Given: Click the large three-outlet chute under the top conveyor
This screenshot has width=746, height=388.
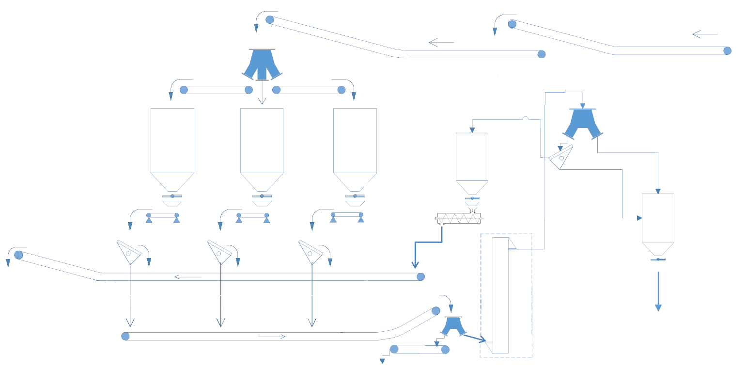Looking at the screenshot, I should click(x=262, y=65).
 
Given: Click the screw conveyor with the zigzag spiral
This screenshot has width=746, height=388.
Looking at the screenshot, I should click(x=459, y=219).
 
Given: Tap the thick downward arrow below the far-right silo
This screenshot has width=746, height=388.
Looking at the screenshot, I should click(x=658, y=291).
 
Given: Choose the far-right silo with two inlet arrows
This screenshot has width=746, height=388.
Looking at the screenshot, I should click(x=658, y=218).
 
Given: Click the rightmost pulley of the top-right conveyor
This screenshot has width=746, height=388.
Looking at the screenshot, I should click(x=727, y=51).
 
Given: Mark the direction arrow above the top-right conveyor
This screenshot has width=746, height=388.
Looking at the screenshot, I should click(x=705, y=34).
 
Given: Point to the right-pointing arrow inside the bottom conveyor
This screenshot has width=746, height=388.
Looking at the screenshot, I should click(x=272, y=337).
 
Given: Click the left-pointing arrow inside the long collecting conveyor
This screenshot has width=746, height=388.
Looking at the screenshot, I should click(x=187, y=277).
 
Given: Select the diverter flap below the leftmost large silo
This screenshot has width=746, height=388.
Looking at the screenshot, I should click(x=129, y=252).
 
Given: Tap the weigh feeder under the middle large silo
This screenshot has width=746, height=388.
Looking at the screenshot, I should click(x=252, y=217).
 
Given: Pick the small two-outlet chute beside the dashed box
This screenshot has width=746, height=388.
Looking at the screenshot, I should click(x=453, y=325).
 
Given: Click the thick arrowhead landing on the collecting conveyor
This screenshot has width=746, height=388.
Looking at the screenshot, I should click(x=415, y=265).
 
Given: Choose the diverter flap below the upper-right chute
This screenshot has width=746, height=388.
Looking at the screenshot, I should click(x=562, y=157).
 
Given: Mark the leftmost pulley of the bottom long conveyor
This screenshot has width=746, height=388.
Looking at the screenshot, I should click(x=125, y=336).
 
